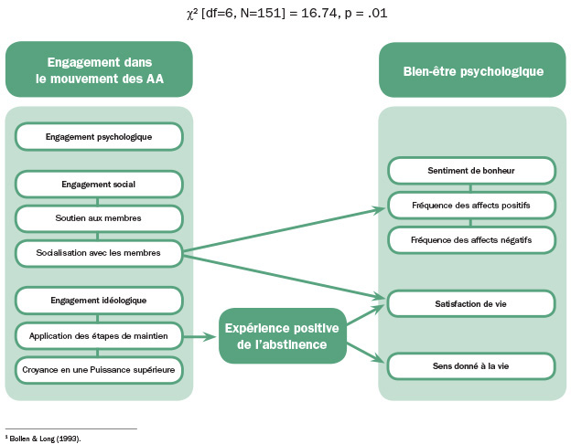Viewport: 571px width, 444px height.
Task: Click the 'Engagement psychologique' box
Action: point(99,137)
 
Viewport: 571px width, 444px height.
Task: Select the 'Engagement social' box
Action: point(99,184)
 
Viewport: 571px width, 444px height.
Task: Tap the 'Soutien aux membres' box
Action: point(99,218)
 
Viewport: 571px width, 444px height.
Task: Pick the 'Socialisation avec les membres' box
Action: point(99,253)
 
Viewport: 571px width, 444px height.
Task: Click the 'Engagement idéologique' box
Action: point(99,300)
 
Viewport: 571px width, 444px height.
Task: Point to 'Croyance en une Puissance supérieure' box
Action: point(99,369)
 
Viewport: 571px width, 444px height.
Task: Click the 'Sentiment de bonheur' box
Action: point(471,171)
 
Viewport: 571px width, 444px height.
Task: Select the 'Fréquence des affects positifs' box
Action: point(471,206)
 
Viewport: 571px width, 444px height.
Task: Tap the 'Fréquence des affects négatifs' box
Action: point(471,239)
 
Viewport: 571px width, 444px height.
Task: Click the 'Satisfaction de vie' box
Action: point(471,303)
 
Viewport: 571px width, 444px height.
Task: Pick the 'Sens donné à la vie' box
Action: point(471,365)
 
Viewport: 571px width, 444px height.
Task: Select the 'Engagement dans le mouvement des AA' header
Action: point(99,69)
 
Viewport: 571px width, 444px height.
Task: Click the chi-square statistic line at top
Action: point(285,14)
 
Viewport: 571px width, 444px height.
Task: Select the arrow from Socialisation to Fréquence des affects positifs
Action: point(284,229)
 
